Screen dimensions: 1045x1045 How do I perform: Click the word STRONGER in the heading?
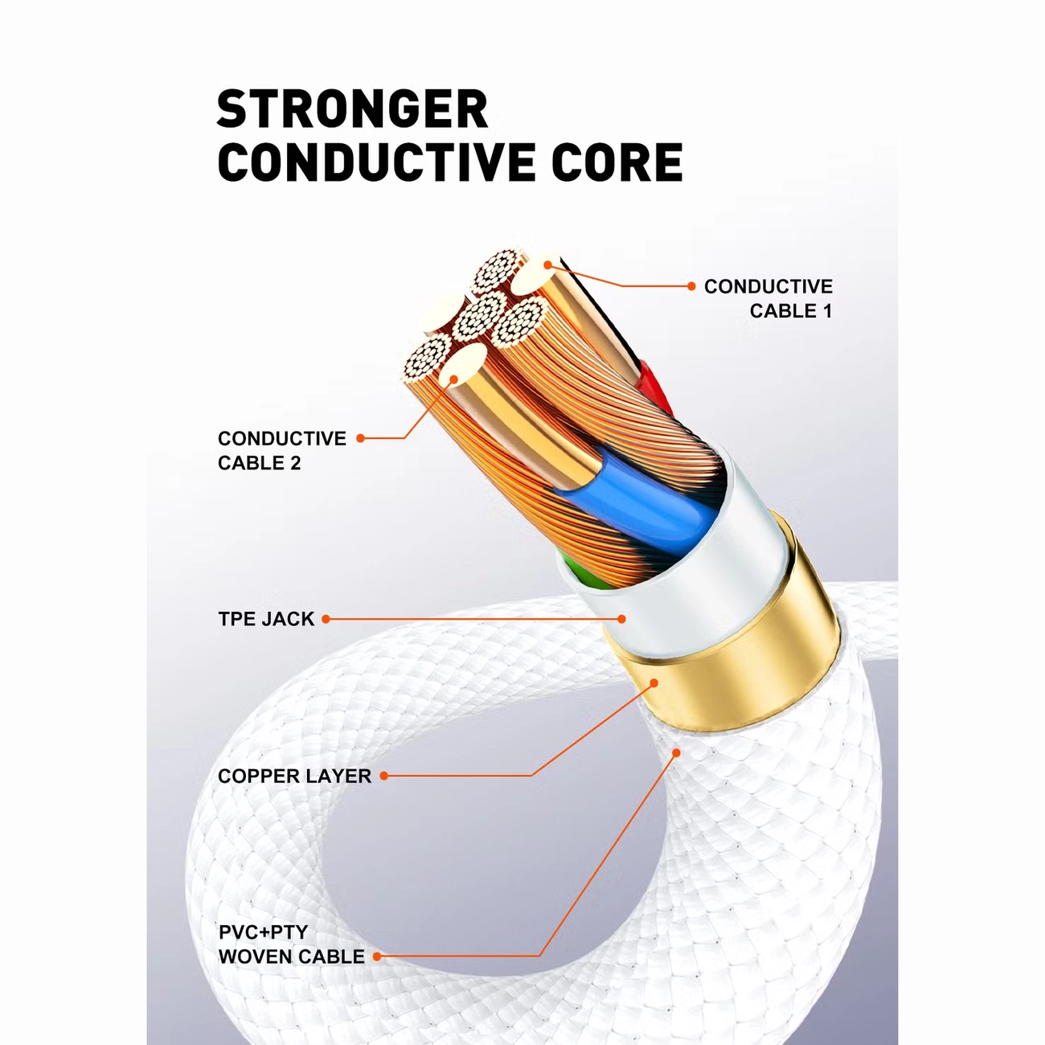pos(353,109)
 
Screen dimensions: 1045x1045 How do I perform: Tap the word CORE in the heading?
pos(617,162)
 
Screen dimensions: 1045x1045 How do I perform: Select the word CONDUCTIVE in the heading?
pos(379,162)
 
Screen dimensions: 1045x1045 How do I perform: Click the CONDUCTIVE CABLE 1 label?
pos(768,299)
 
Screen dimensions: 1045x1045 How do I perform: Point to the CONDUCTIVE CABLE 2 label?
pos(281,451)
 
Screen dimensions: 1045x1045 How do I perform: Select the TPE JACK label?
pos(266,619)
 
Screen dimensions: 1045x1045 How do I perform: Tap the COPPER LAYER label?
pos(294,776)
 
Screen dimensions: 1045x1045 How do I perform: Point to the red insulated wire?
pos(654,386)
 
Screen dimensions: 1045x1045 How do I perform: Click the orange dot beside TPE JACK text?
pos(326,619)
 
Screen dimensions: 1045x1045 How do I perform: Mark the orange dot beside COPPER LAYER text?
pos(384,776)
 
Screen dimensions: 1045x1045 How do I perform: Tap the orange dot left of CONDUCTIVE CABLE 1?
pos(691,286)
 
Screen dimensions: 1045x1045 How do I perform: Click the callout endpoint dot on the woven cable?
pos(676,752)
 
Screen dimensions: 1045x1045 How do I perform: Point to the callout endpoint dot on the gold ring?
pos(654,682)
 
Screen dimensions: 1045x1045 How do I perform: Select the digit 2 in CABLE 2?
pos(295,463)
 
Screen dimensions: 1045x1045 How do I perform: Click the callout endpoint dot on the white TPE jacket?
pos(622,619)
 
